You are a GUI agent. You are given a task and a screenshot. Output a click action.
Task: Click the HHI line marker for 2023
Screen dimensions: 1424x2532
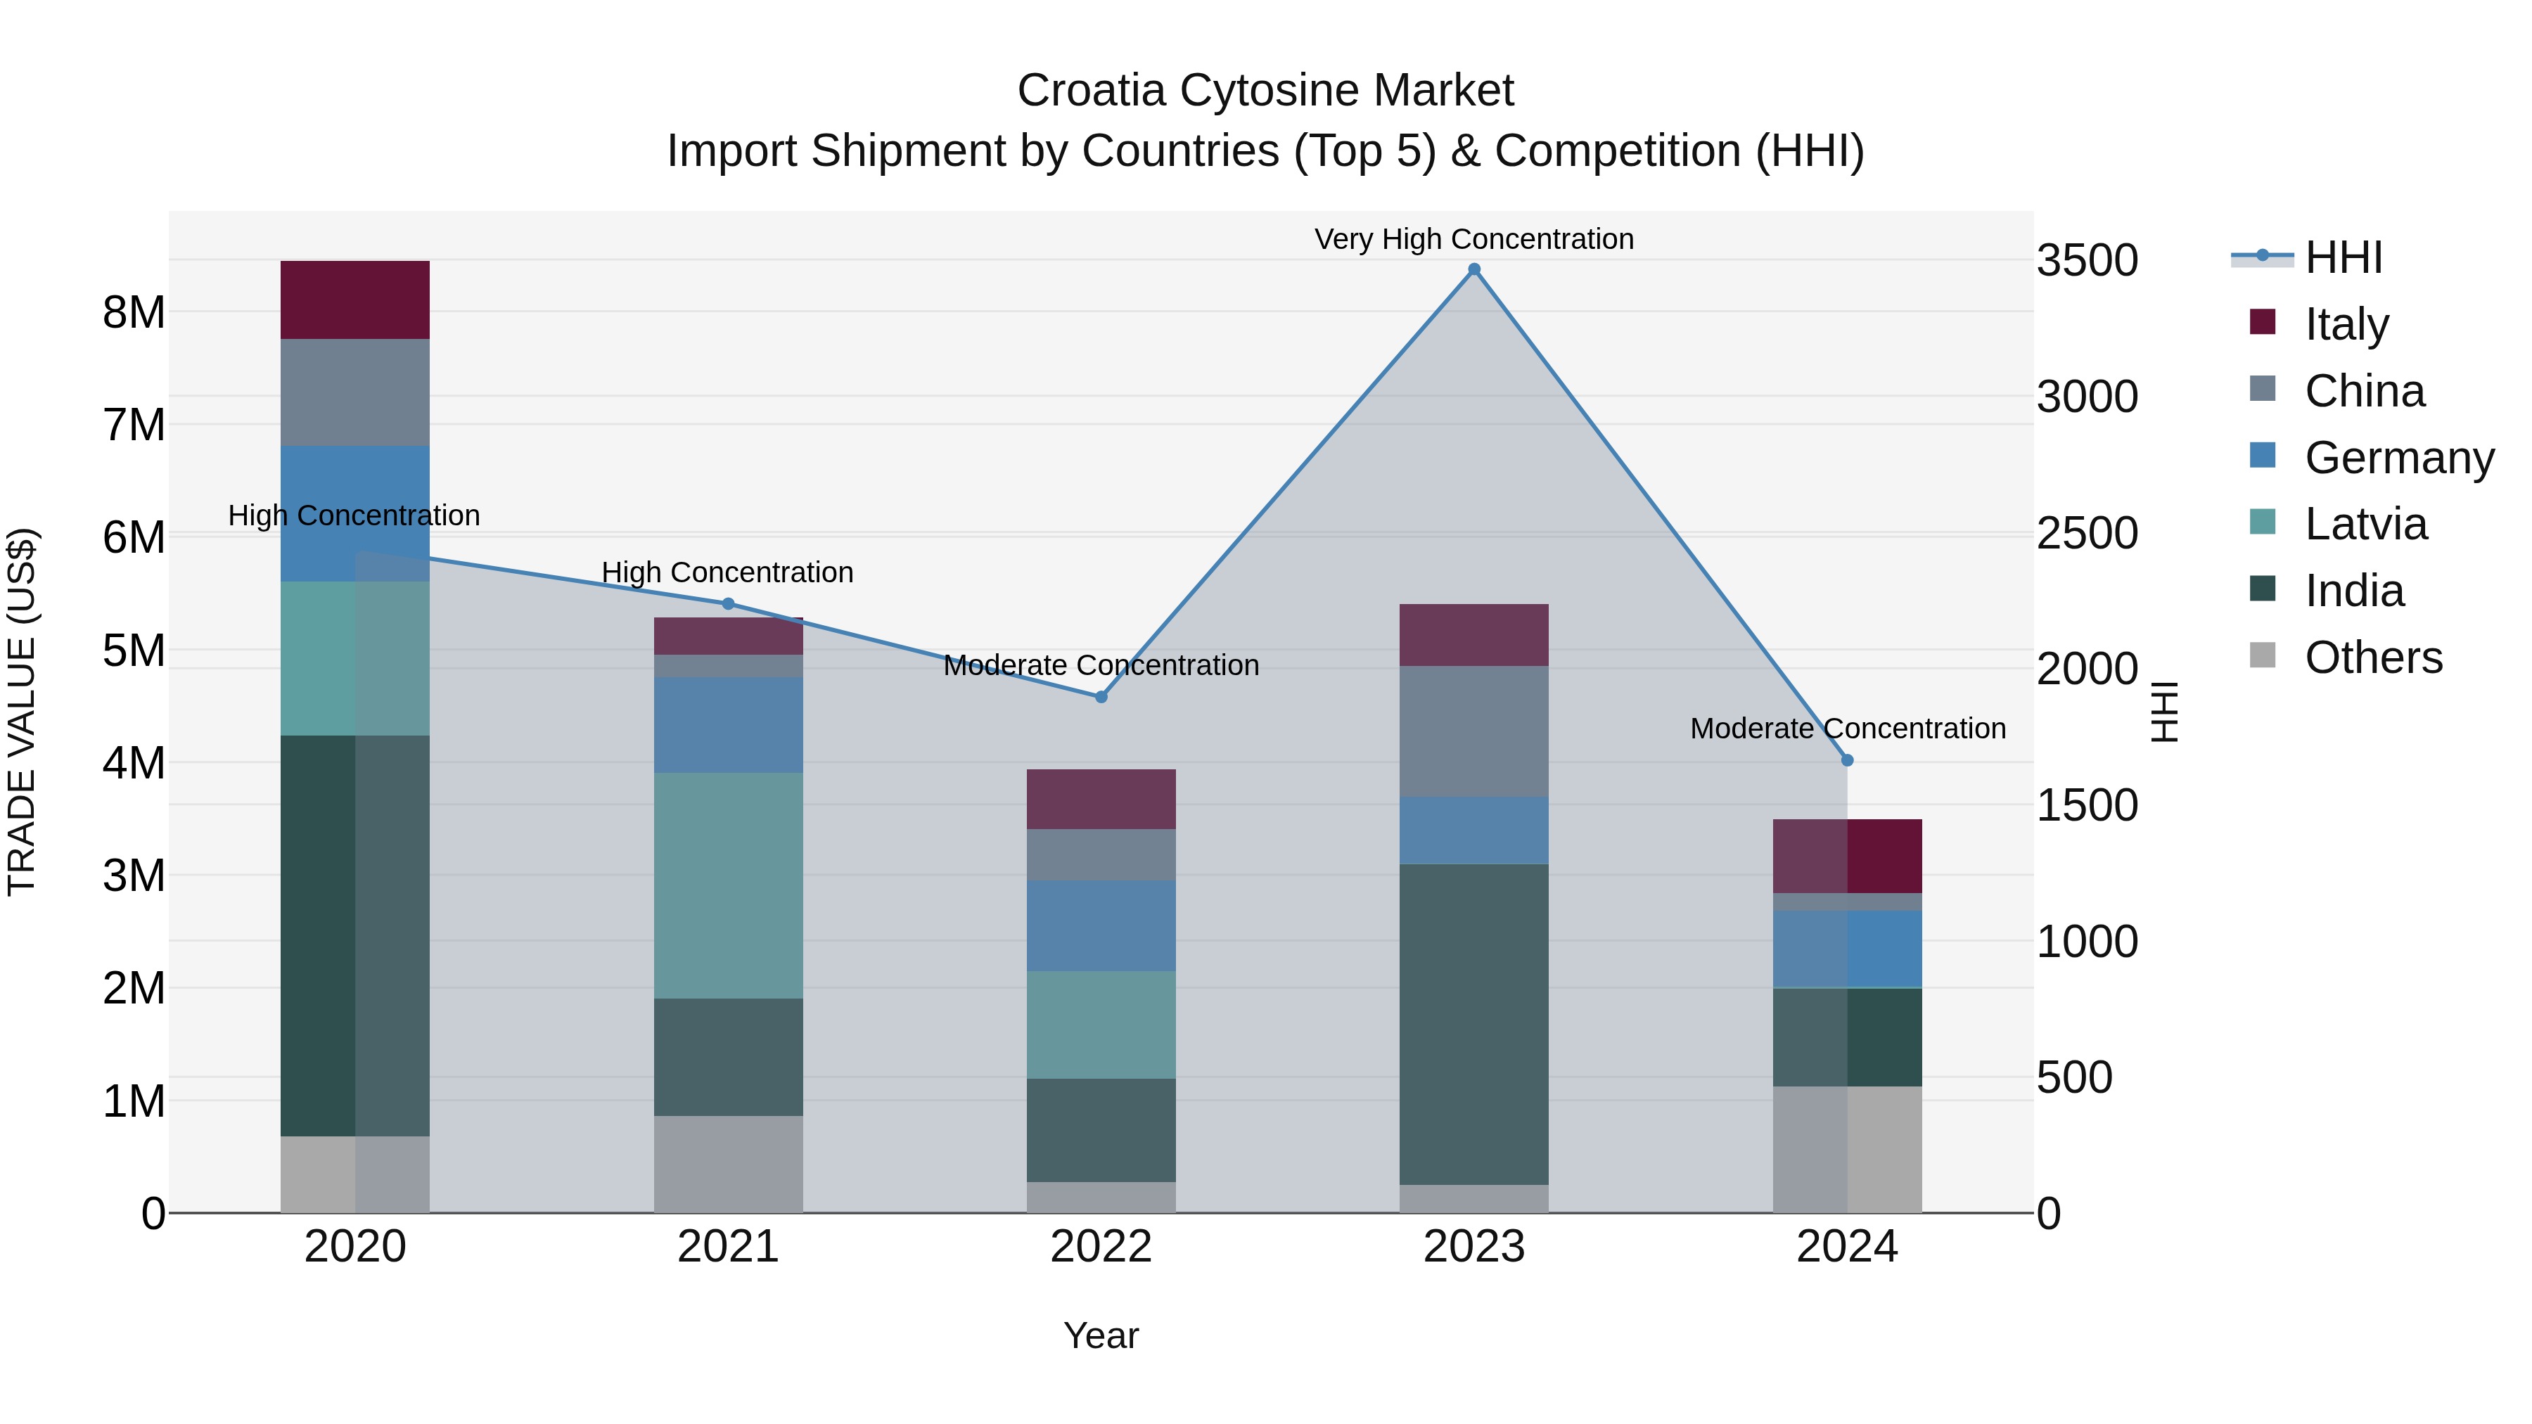tap(1473, 269)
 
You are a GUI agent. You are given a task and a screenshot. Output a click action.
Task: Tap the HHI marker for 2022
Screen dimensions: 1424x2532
tap(1101, 697)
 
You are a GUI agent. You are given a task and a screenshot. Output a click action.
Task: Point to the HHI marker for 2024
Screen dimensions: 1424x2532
tap(1847, 759)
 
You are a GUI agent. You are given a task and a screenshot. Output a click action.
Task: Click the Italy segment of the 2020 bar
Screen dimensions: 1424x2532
tap(355, 300)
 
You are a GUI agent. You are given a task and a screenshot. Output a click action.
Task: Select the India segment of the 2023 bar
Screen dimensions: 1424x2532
tap(1473, 1024)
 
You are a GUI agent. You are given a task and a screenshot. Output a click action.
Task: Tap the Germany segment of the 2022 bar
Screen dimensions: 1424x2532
tap(1101, 925)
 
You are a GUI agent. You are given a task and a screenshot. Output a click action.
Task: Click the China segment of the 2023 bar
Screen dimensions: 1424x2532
tap(1473, 731)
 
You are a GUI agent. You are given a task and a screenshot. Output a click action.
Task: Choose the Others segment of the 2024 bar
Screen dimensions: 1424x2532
tap(1847, 1149)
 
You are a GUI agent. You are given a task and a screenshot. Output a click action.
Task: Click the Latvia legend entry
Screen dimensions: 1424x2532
tap(2365, 525)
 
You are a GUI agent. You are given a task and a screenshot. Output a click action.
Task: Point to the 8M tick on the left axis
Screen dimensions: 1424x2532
tap(134, 312)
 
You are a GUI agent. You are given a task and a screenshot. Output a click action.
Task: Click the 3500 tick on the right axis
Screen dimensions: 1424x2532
tap(2087, 262)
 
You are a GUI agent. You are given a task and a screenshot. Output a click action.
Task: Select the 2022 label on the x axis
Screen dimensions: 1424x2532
tap(1101, 1247)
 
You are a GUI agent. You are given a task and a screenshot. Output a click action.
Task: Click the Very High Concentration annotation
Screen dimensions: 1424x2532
tap(1473, 239)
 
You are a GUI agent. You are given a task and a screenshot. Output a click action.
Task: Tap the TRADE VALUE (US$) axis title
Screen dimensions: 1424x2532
tap(23, 712)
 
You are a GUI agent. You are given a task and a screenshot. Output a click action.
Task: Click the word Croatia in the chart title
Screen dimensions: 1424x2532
tap(1092, 91)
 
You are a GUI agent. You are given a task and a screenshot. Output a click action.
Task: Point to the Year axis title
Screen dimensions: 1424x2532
tap(1101, 1335)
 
